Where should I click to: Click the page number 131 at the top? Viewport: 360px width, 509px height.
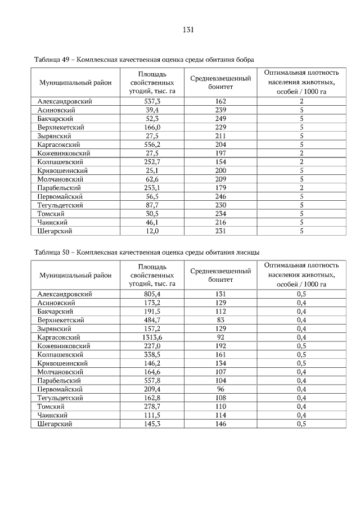188,30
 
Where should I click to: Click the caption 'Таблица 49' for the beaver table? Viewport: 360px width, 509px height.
54,59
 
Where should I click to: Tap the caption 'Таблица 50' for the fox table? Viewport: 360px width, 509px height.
54,253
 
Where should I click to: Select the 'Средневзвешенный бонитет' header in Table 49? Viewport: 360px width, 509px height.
220,83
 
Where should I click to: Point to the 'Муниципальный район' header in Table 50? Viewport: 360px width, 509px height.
75,275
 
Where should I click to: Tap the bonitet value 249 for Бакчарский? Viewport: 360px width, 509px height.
220,119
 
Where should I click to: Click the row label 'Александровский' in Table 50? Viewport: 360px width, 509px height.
64,294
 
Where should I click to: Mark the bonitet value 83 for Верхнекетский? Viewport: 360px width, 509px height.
220,320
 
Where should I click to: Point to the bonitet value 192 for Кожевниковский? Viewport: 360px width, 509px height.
220,346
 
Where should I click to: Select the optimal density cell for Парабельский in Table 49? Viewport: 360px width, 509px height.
301,188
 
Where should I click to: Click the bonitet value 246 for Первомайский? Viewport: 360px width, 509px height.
220,196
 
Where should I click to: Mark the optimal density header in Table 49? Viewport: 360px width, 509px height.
301,83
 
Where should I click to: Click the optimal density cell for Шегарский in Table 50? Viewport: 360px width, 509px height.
301,424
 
